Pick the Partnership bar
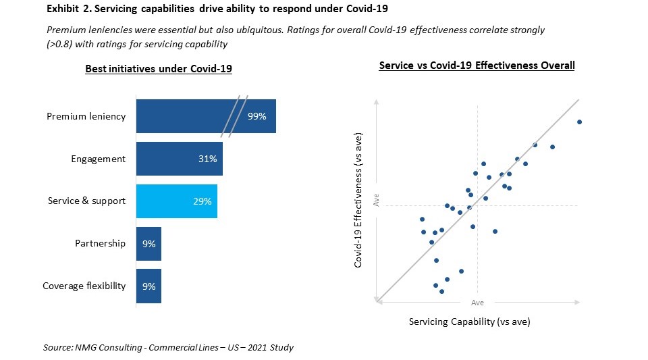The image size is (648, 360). point(148,244)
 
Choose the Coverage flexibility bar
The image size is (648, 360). point(148,286)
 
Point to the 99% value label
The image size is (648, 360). point(257,116)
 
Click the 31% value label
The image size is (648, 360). point(207,159)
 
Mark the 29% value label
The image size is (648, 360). point(202,201)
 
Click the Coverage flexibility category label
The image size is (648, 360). point(84,286)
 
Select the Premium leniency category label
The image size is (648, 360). point(86,116)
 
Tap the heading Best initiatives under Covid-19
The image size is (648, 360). point(159,69)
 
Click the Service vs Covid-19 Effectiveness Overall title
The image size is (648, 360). point(477,66)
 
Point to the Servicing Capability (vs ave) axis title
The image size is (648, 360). point(469,322)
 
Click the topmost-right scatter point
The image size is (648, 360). point(579,122)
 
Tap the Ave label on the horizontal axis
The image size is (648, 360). point(477,303)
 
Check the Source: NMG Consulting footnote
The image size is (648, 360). point(168,347)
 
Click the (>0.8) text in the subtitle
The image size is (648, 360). point(61,44)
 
